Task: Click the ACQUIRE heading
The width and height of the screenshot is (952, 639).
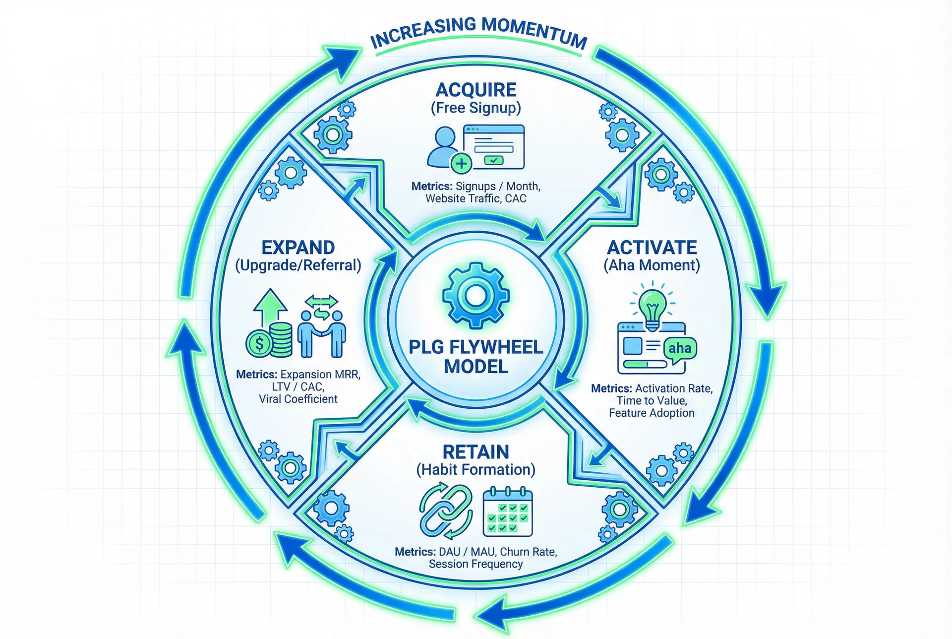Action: (x=476, y=90)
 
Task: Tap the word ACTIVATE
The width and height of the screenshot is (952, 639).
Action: (x=652, y=247)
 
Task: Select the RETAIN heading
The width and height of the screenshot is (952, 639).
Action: (x=476, y=452)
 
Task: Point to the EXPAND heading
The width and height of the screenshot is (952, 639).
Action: (x=298, y=247)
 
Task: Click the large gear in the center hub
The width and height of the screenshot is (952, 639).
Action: (x=476, y=296)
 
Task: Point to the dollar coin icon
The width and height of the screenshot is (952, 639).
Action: (x=259, y=343)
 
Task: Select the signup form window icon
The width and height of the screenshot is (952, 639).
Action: (x=493, y=146)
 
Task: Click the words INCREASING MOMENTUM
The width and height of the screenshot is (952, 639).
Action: (x=478, y=32)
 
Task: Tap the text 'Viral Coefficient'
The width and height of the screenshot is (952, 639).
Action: (x=298, y=399)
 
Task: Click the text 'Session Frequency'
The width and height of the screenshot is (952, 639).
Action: (x=476, y=564)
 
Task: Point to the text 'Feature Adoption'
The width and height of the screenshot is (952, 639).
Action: (x=652, y=413)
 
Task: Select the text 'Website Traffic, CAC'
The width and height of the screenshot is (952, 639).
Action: (x=476, y=198)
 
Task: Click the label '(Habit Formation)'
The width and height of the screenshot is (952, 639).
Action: (x=476, y=469)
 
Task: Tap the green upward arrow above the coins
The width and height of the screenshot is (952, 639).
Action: (x=270, y=303)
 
